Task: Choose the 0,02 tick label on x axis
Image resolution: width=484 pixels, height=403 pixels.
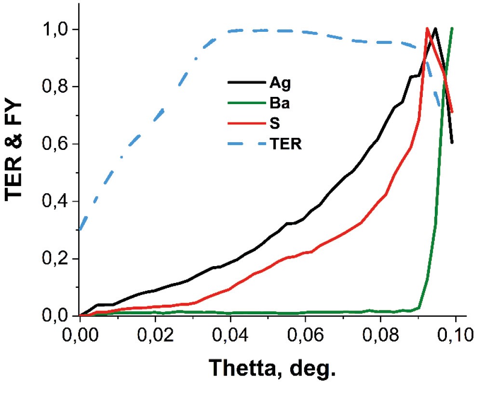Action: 155,335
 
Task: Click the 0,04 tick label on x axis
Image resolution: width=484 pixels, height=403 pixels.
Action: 230,335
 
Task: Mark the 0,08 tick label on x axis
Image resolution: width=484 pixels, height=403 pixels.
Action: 380,335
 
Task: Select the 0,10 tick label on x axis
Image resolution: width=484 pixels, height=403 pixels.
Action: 454,335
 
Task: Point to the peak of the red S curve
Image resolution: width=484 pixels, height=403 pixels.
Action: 427,28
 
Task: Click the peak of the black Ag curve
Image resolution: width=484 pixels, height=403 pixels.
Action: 435,28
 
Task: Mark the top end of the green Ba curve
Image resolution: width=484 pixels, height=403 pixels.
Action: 452,28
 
